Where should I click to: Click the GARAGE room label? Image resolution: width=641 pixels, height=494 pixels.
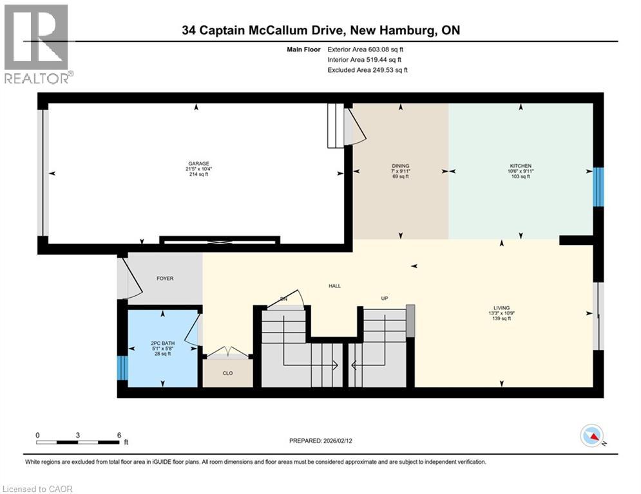click(x=198, y=164)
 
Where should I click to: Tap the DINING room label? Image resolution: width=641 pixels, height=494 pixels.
click(x=400, y=166)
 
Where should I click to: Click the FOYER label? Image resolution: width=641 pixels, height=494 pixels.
click(x=166, y=279)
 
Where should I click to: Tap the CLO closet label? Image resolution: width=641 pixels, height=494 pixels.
click(x=227, y=373)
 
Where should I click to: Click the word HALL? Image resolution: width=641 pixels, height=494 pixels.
click(x=334, y=286)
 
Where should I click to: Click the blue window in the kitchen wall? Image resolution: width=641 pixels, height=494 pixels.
click(x=598, y=187)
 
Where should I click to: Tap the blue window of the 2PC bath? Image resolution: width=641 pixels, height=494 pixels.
click(x=122, y=368)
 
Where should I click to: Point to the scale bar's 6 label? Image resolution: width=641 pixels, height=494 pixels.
click(x=119, y=435)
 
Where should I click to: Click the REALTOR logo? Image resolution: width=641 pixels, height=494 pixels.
click(x=37, y=44)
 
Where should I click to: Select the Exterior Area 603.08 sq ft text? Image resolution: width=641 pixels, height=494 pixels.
click(x=365, y=49)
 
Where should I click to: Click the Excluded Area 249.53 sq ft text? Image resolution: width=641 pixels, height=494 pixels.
click(x=367, y=70)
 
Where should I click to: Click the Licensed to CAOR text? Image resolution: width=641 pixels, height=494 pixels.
click(x=38, y=489)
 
